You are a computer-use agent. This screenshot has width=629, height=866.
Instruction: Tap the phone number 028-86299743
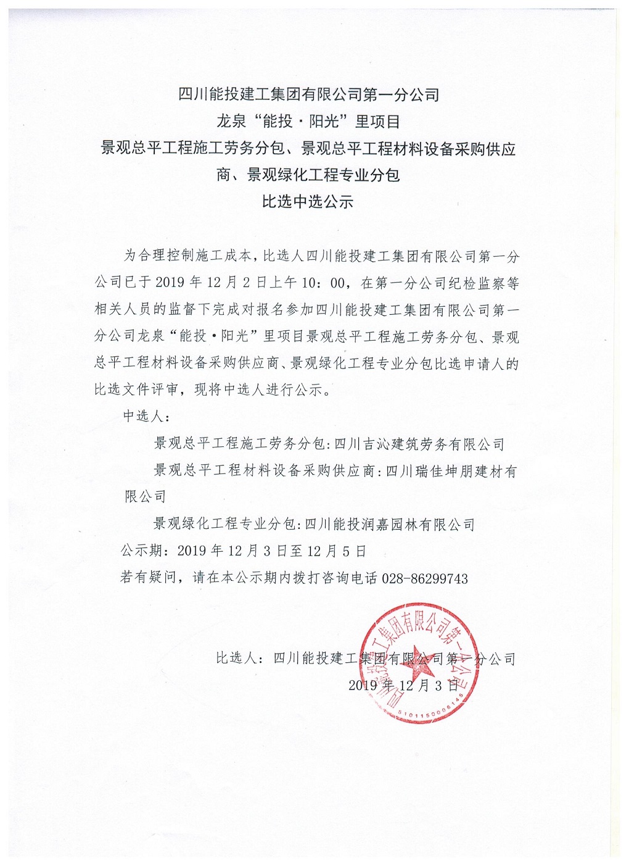(x=425, y=578)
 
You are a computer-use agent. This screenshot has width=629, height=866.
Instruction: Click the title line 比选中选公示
(x=308, y=201)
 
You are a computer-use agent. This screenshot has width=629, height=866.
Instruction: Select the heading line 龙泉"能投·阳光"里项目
(x=308, y=121)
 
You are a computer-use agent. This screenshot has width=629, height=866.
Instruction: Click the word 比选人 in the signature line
(x=236, y=659)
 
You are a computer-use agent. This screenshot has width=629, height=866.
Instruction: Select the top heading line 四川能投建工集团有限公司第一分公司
(x=308, y=94)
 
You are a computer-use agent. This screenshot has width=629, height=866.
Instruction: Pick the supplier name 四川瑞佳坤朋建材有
(x=451, y=471)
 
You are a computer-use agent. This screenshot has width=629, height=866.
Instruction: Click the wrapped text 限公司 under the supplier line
(x=146, y=496)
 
